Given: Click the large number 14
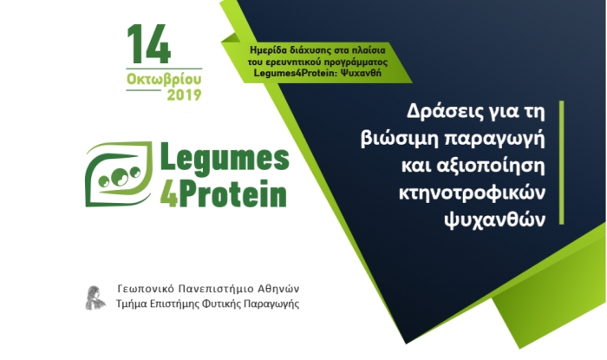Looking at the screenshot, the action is click(x=149, y=44).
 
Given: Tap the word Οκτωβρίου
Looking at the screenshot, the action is click(x=164, y=79).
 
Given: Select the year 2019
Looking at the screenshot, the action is click(x=184, y=95).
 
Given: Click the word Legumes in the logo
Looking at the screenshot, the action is click(x=225, y=156).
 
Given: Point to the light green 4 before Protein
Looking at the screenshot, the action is click(x=169, y=193).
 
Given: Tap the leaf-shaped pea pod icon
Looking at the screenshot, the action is click(x=119, y=173).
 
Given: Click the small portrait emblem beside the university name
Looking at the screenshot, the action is click(x=95, y=298).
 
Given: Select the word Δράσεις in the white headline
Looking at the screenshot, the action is click(x=441, y=112).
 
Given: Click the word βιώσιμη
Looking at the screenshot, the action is click(x=399, y=139).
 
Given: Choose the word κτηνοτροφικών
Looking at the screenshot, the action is click(x=472, y=193).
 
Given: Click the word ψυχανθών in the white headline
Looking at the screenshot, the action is click(x=495, y=219).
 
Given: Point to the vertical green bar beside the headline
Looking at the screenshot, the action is click(x=561, y=162).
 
